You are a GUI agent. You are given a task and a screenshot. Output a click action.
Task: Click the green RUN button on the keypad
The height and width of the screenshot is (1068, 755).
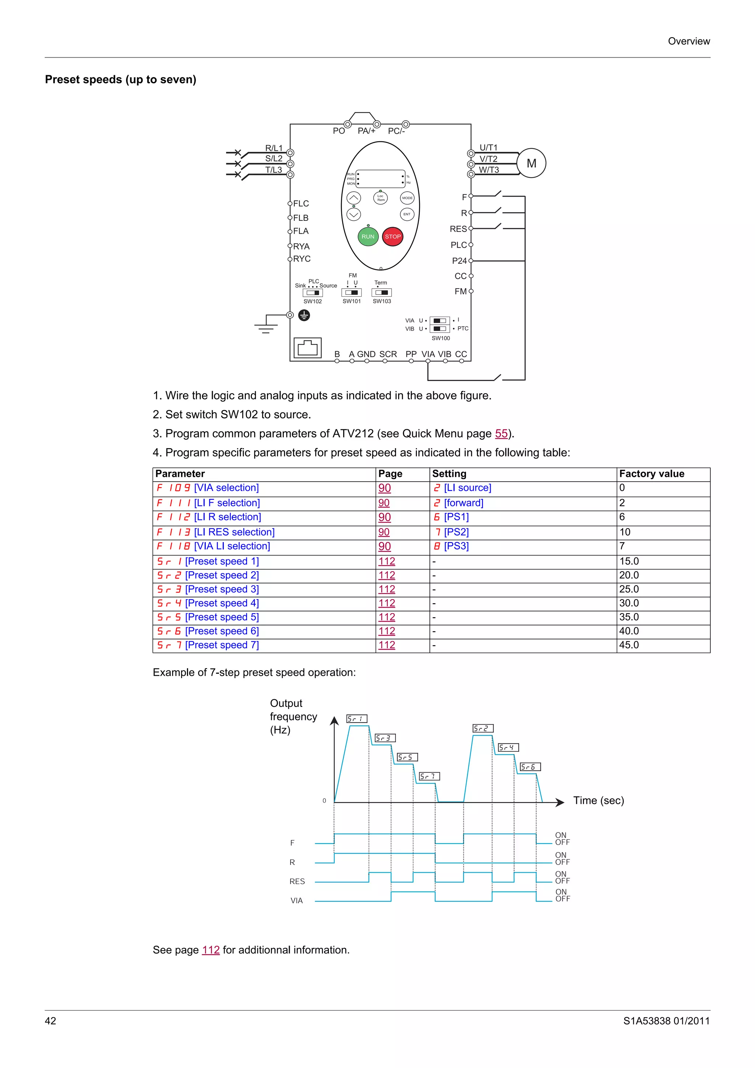coord(368,236)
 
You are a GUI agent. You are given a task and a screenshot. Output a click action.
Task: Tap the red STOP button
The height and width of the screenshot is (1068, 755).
coord(393,236)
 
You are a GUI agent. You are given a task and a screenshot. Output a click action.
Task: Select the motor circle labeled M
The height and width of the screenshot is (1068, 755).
coord(531,163)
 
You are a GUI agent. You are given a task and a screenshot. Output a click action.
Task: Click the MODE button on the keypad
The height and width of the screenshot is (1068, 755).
coord(407,198)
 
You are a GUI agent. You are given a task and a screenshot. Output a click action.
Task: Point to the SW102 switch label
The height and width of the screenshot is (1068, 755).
coord(313,301)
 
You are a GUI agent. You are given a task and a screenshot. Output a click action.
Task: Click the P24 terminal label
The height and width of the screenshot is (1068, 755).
coord(459,261)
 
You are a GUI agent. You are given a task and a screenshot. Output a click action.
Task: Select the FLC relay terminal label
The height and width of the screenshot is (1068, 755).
coord(301,204)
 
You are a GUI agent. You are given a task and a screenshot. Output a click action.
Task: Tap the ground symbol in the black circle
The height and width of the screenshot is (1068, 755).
coord(304,315)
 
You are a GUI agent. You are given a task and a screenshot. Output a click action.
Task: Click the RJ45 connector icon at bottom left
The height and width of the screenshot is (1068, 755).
coord(307,348)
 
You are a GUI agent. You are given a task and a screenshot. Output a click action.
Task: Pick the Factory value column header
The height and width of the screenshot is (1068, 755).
coord(651,474)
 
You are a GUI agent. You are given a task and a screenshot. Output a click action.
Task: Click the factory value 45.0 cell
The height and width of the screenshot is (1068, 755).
coord(629,645)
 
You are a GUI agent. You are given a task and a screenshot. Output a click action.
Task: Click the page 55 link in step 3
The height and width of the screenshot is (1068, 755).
coord(501,433)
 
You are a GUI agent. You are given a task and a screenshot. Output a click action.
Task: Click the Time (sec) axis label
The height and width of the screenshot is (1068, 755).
coord(598,800)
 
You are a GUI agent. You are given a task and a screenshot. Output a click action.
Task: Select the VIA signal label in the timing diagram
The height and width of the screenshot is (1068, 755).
coord(296,901)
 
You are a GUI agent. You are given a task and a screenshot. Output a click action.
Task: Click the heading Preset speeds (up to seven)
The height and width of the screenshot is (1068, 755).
coord(121,80)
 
